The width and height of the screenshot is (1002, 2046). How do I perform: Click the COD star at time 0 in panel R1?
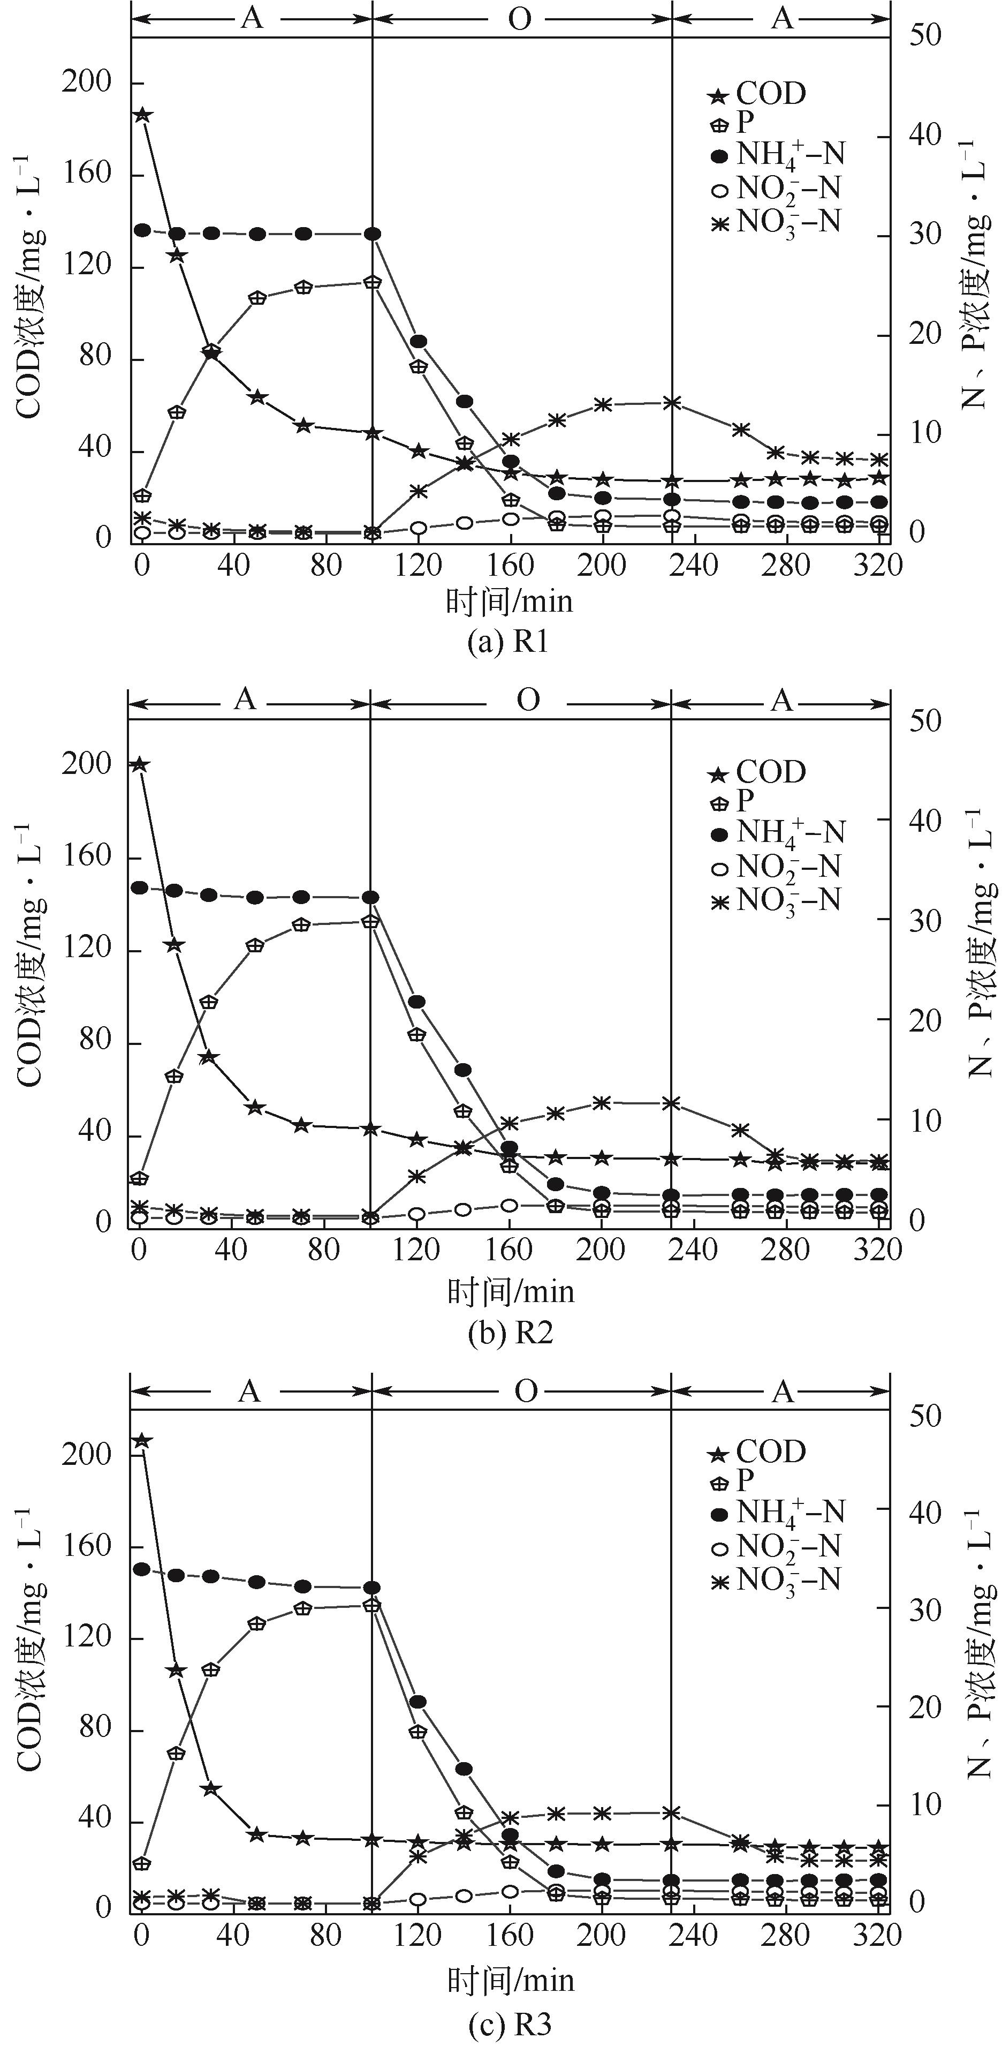pos(142,115)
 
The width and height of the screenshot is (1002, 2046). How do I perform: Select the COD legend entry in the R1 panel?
pos(759,94)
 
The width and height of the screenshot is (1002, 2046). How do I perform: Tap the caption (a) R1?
pos(508,642)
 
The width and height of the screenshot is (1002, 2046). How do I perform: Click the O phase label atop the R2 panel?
pos(528,699)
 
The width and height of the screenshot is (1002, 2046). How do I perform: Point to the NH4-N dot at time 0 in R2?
pos(140,887)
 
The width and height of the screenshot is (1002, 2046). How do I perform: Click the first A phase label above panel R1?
pos(252,18)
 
